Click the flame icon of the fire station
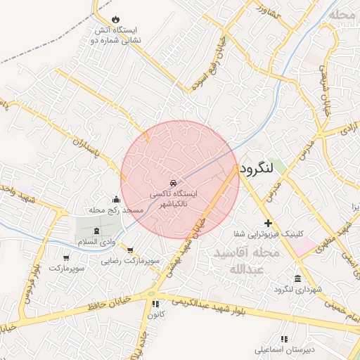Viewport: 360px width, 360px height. point(115,20)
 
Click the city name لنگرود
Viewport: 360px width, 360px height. point(260,169)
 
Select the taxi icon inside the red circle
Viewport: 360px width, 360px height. point(174,182)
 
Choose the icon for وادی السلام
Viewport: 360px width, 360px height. point(96,231)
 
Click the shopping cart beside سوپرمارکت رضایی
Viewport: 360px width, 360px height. point(130,249)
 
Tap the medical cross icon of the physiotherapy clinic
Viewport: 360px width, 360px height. point(267,222)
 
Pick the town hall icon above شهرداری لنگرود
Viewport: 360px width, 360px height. point(299,278)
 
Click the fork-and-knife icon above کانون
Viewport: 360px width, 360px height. point(155,304)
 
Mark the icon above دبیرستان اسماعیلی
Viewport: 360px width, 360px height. point(285,338)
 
